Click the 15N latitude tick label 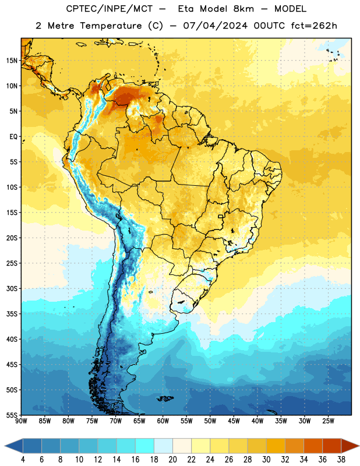pos(12,61)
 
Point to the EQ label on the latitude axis pos(13,137)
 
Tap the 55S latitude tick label pos(12,415)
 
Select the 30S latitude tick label pos(12,288)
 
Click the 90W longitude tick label pos(21,421)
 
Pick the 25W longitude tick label pos(328,421)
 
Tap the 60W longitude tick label pos(163,421)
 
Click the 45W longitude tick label pos(234,421)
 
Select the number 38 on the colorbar pos(341,460)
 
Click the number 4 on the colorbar pos(23,460)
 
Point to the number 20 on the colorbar pos(172,460)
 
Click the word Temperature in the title pos(111,26)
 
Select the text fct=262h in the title pos(314,26)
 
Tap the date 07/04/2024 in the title pos(215,26)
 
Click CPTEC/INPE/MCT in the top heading pos(109,9)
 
